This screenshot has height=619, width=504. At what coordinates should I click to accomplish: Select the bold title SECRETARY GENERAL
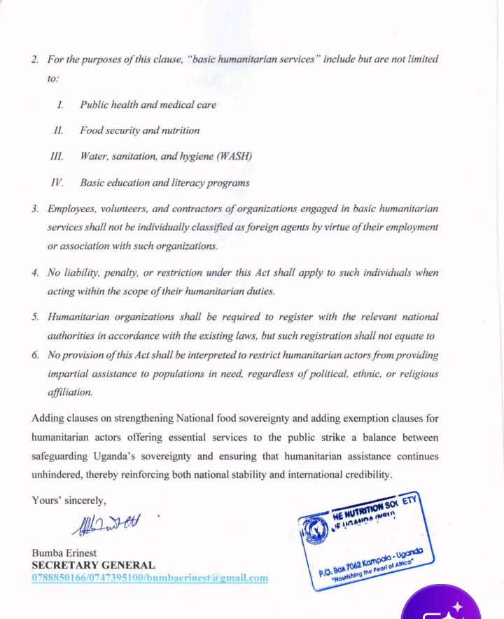point(93,565)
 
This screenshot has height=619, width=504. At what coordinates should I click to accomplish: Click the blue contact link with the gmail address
point(150,578)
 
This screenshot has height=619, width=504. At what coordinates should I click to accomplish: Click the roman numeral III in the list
point(57,156)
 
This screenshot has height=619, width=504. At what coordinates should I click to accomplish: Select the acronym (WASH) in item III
point(233,156)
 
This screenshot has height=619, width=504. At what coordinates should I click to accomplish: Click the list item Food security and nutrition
point(139,130)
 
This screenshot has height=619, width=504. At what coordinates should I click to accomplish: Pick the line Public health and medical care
point(148,104)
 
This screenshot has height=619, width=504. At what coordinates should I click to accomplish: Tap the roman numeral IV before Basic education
point(57,183)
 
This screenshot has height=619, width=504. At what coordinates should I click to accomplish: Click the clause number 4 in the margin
point(35,273)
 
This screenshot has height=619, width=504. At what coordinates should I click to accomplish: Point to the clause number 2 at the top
point(35,59)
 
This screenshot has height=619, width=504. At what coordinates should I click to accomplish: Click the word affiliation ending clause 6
point(69,392)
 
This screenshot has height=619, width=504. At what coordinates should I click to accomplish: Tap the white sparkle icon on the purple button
point(456,606)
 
